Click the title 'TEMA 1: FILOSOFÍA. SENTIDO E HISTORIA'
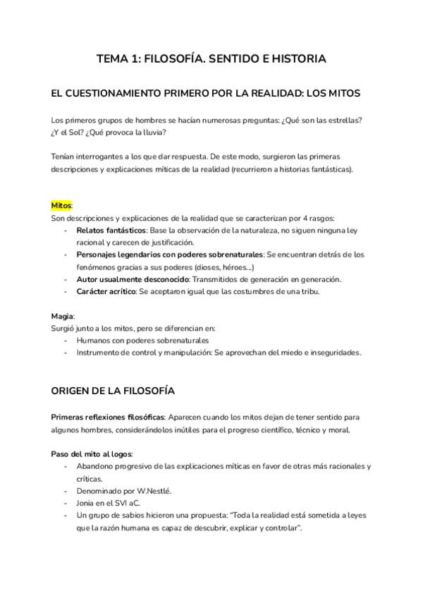click(x=211, y=59)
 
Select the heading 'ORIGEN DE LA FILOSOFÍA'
click(x=114, y=390)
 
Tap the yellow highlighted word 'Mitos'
click(x=61, y=205)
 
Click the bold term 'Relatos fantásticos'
click(x=111, y=230)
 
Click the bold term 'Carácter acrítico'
click(x=105, y=292)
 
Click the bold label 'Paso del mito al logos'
click(x=92, y=453)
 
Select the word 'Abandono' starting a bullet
click(x=97, y=466)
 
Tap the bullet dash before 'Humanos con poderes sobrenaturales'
click(x=66, y=341)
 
